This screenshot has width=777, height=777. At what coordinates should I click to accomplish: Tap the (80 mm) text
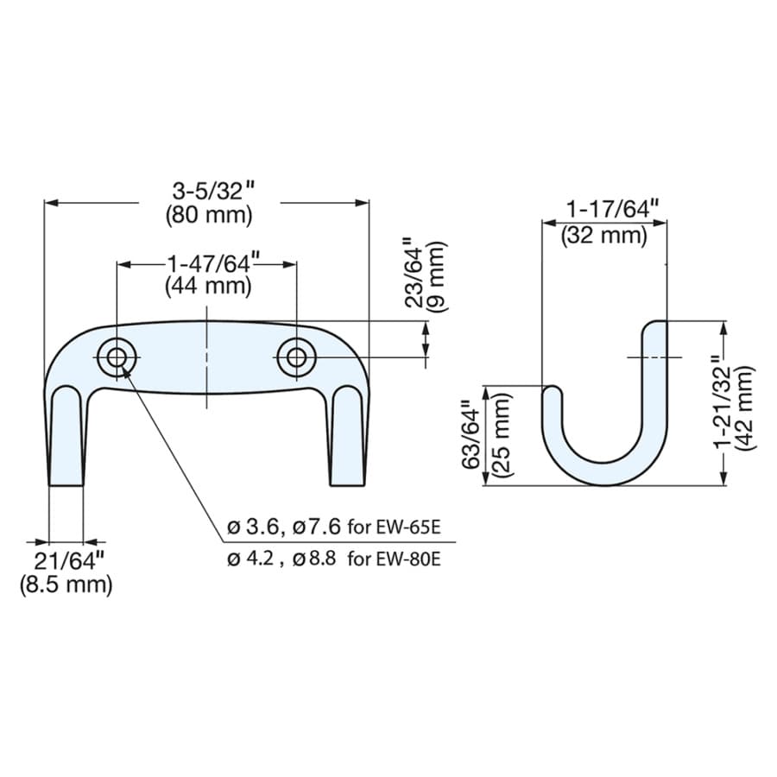[x=209, y=216]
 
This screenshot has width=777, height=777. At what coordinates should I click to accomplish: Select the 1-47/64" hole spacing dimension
[x=208, y=263]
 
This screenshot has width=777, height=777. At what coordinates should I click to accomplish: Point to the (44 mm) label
[x=208, y=287]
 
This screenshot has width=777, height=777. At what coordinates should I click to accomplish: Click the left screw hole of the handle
[x=117, y=357]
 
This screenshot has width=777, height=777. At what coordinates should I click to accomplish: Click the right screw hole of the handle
[x=296, y=357]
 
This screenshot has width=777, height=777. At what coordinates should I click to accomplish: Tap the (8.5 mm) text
[x=66, y=584]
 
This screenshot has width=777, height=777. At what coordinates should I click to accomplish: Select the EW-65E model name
[x=407, y=527]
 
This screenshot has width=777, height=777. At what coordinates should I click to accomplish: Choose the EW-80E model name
[x=408, y=559]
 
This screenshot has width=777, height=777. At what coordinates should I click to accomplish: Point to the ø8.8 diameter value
[x=314, y=559]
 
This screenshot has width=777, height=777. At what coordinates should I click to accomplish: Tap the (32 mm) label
[x=604, y=236]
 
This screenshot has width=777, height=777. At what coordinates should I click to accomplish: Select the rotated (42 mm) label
[x=745, y=408]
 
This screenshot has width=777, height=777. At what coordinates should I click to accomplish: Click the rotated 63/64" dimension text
[x=473, y=433]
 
